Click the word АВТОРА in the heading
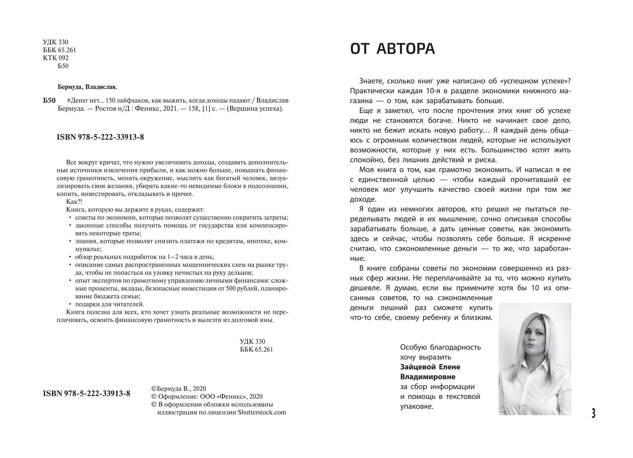(x=406, y=49)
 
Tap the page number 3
(x=593, y=413)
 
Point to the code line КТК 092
(x=56, y=58)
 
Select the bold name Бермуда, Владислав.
(x=87, y=87)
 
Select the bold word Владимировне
(x=427, y=377)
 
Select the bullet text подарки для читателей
(x=109, y=304)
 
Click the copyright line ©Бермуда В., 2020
(x=179, y=389)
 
